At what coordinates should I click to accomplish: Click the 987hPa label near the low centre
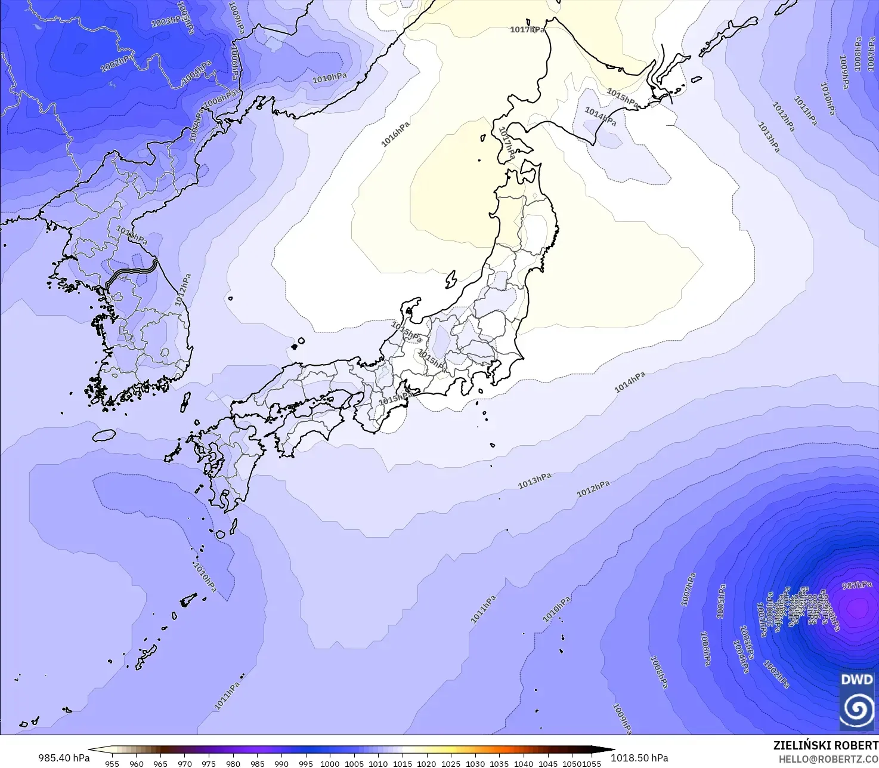856,585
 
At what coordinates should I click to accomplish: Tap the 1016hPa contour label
395,134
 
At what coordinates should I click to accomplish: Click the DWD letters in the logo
857,679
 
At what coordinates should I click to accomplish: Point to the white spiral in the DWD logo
857,708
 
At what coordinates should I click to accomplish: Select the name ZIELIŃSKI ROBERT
825,745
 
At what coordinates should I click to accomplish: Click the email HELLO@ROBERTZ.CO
828,758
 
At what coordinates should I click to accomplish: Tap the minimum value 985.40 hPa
64,758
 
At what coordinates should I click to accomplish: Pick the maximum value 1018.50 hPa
639,758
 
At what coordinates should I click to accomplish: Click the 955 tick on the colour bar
112,763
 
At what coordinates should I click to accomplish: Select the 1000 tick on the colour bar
330,763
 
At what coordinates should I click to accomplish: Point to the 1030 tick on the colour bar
475,763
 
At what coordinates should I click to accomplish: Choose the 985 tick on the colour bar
257,763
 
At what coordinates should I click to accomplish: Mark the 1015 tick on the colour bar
403,763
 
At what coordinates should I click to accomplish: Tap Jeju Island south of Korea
104,435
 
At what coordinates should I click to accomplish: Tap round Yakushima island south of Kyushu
220,533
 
